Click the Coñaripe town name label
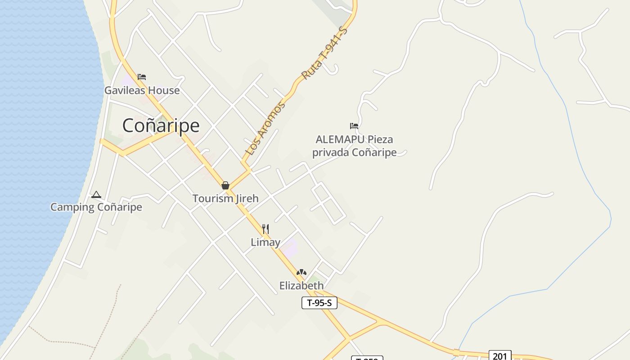161,126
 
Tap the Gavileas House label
142,90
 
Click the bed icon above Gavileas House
142,77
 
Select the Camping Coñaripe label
96,207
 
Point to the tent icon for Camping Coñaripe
96,195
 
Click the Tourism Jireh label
225,198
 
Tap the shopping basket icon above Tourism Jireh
225,185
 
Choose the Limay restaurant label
265,242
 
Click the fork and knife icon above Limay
265,229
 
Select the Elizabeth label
301,286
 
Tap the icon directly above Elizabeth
301,272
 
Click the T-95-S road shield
319,303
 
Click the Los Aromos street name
265,129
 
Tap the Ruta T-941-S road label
324,53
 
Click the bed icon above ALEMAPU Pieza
354,126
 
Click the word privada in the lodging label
331,153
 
